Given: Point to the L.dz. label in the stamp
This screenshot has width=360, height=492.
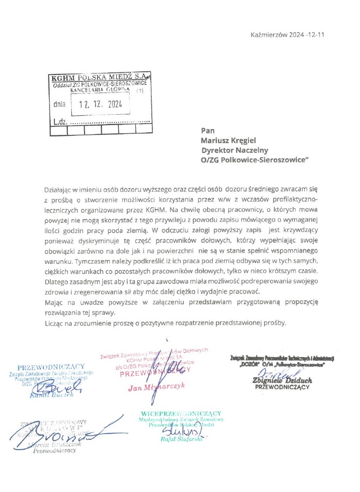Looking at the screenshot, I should coord(61,122).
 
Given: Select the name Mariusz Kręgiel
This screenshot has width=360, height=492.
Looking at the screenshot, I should coord(229,140).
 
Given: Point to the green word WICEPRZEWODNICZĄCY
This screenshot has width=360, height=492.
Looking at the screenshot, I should coord(181,413).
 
